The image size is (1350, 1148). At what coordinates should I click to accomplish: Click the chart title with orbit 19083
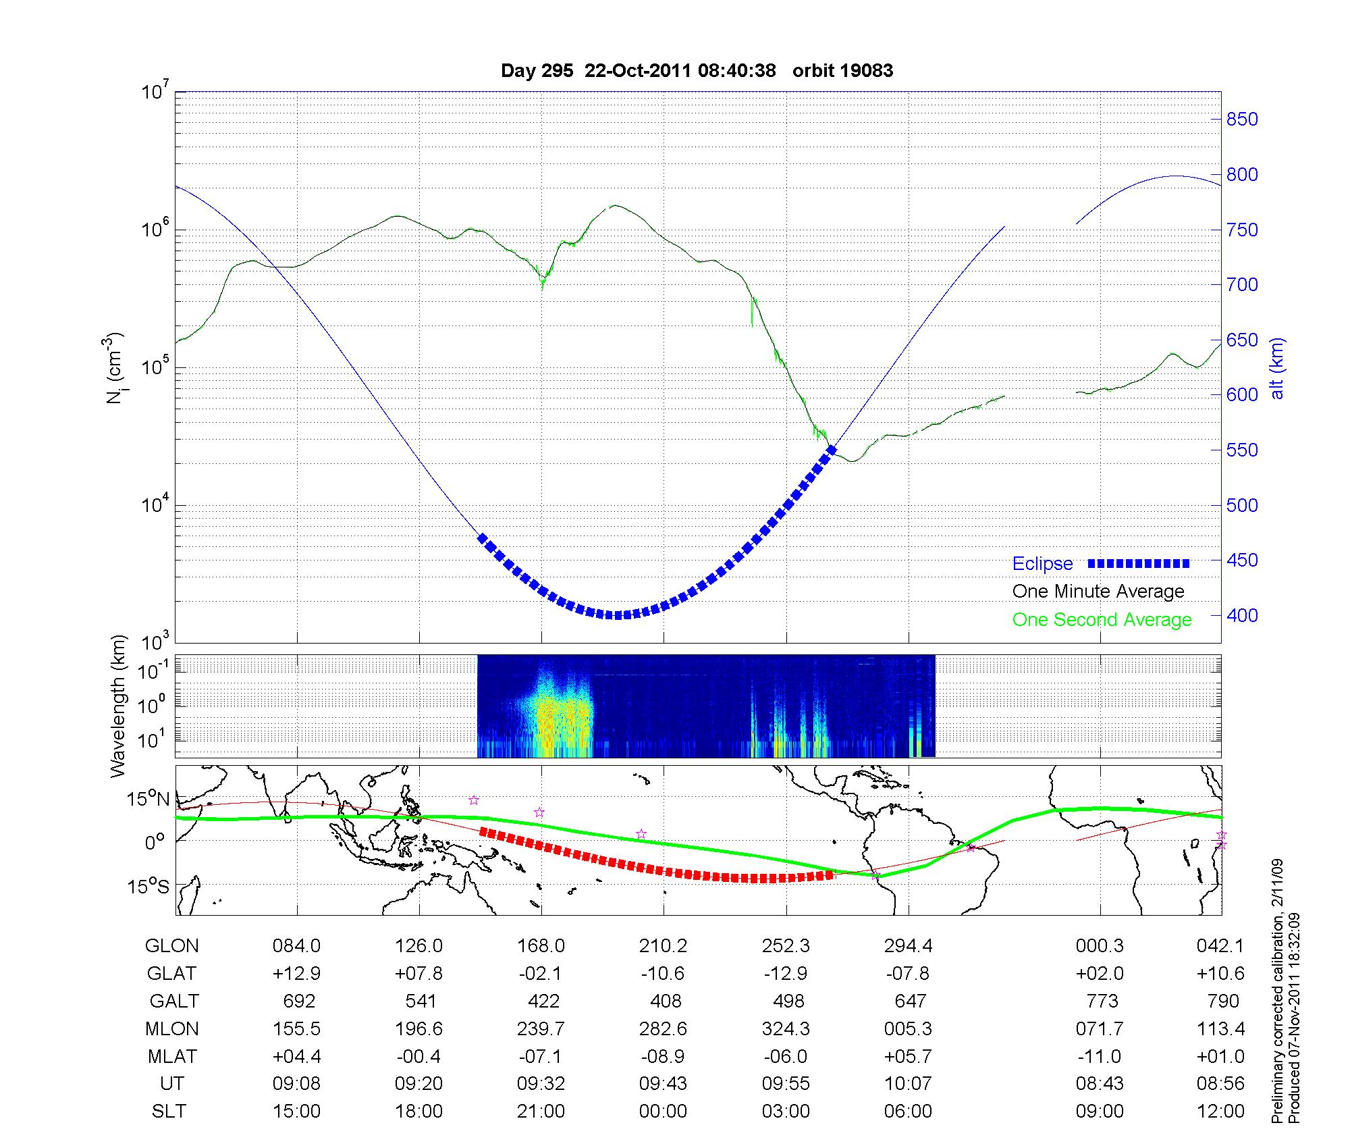click(697, 71)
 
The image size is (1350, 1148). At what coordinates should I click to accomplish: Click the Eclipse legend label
click(1042, 564)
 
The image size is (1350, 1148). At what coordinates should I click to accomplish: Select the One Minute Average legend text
click(1098, 592)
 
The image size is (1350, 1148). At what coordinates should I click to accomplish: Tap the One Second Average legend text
click(1102, 620)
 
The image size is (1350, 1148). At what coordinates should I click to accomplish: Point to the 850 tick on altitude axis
click(1242, 120)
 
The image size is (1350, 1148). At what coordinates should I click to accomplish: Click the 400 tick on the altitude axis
click(1242, 616)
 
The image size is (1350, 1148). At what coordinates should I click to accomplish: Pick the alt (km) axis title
click(1278, 368)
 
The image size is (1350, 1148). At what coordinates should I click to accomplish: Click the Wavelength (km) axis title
click(117, 706)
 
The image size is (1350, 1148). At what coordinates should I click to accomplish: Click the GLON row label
click(171, 946)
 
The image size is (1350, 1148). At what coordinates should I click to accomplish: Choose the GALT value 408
click(663, 1001)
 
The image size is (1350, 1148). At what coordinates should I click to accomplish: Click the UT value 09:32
click(541, 1084)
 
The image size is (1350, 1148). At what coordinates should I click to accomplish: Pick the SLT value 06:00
click(908, 1112)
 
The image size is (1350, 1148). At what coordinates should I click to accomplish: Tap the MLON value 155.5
click(296, 1029)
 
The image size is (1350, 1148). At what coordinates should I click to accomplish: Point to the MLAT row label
click(171, 1056)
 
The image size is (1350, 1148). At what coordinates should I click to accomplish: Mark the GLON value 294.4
click(908, 946)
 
